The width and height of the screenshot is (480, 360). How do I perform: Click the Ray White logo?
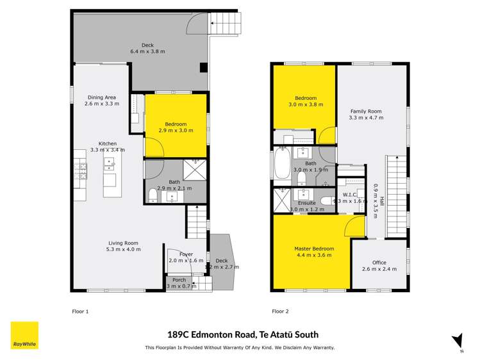[24, 335]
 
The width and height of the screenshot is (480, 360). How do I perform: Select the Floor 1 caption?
[80, 311]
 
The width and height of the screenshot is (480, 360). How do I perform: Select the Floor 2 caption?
[280, 311]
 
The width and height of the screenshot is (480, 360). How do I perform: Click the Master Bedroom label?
[314, 249]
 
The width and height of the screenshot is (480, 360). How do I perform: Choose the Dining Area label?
[102, 97]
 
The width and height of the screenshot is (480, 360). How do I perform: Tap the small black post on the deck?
[203, 67]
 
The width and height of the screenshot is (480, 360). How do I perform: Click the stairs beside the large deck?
[226, 25]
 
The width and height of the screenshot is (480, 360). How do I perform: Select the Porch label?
[179, 279]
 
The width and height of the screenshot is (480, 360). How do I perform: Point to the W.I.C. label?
[349, 195]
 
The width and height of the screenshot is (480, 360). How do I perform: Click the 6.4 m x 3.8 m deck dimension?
[148, 51]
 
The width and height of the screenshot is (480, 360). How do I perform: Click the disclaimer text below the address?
[240, 348]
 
